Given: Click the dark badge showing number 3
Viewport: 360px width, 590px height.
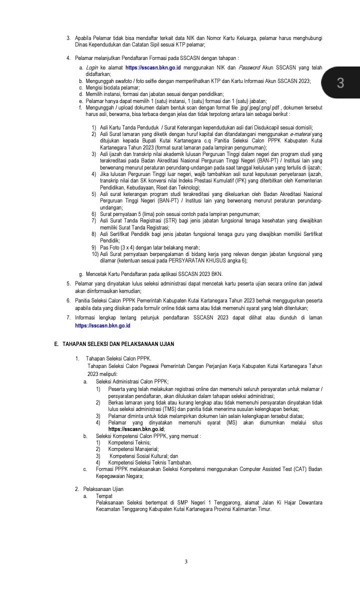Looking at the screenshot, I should tap(340, 83).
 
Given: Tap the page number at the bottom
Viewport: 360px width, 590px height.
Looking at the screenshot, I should tap(186, 561).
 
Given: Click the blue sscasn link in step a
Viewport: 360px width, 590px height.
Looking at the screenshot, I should tap(153, 67).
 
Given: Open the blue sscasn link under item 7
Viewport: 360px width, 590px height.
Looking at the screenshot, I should tap(102, 325).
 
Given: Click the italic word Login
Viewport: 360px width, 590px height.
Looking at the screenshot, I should tap(92, 67).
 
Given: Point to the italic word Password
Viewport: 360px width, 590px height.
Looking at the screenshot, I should tap(249, 67).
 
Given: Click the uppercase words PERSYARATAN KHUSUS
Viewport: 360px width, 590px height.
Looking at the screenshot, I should tap(192, 260).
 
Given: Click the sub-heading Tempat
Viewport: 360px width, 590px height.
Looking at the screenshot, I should tap(104, 495).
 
